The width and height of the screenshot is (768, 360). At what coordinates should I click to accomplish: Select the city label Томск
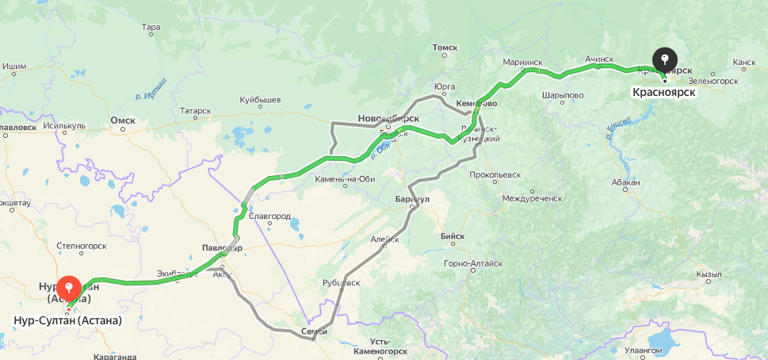(x=445, y=48)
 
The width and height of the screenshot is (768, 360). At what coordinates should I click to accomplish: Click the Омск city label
(x=123, y=121)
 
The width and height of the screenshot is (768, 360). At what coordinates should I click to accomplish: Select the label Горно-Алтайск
(x=473, y=263)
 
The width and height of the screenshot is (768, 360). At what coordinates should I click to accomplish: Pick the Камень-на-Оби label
(x=345, y=178)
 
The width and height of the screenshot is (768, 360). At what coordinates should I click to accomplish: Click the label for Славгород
(x=269, y=216)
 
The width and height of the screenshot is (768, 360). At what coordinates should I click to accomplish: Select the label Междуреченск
(x=532, y=197)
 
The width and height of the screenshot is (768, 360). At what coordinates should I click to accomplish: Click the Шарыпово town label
(x=563, y=95)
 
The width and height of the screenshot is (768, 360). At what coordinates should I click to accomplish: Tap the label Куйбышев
(x=261, y=101)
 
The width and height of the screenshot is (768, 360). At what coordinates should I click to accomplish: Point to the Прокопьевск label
(x=495, y=174)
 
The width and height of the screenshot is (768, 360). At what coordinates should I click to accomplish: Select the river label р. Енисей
(x=618, y=128)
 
